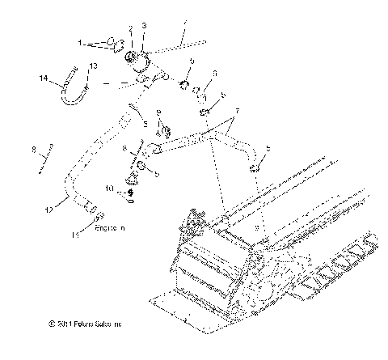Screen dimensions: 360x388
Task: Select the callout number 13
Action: coord(93,65)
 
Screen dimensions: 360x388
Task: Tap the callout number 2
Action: coord(131,29)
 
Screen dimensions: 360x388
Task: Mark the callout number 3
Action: coord(144,27)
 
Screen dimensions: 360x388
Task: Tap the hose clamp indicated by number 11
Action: coord(97,216)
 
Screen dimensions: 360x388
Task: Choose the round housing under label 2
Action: coord(130,57)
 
